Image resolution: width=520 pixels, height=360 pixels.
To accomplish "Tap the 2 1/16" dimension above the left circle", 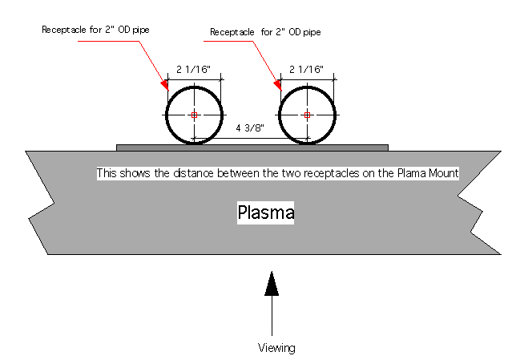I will [x=195, y=70].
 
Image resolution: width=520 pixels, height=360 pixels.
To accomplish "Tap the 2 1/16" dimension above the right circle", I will [x=307, y=70].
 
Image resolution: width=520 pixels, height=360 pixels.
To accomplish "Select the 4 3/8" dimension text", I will [x=249, y=128].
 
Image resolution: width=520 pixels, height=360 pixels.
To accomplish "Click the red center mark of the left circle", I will [x=194, y=115].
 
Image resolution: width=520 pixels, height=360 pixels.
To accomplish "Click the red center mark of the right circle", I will [x=307, y=115].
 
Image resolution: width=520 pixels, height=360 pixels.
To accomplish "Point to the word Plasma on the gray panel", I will [x=266, y=213].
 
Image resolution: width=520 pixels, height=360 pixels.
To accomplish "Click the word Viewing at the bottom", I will [x=276, y=347].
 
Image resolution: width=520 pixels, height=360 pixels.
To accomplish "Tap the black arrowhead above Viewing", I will [x=272, y=284].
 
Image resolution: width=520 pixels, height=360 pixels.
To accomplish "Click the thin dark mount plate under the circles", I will [x=252, y=148].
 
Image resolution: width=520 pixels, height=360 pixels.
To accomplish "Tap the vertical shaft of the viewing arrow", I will [x=272, y=317].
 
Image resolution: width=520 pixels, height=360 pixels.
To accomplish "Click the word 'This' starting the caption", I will [x=107, y=173].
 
